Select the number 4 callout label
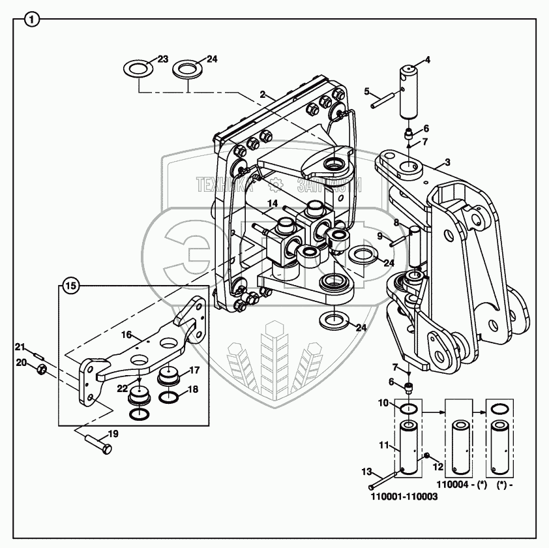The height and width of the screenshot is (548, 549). pos(428,60)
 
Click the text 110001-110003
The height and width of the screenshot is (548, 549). pos(404,496)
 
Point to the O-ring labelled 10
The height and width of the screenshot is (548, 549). pos(409,409)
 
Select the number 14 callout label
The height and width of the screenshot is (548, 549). pos(272,204)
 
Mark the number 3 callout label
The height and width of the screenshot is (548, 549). pos(447,161)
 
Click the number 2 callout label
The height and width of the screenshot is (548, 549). pos(262,95)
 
